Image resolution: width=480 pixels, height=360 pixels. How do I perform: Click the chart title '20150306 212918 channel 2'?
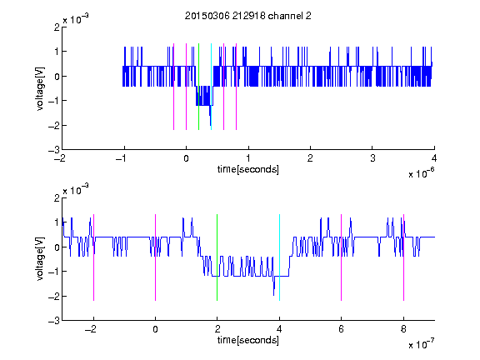tap(248, 16)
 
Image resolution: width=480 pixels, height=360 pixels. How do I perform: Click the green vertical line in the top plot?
tap(198, 87)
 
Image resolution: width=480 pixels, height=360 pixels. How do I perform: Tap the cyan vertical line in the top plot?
tap(211, 87)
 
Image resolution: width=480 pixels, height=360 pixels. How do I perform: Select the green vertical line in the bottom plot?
tap(217, 257)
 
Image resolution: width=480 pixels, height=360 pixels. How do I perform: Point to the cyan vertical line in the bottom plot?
tap(279, 257)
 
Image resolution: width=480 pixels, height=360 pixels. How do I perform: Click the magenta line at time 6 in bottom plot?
tap(342, 257)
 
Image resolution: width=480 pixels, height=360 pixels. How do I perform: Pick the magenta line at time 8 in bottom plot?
tap(404, 257)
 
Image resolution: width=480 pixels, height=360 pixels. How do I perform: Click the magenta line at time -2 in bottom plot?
tap(93, 257)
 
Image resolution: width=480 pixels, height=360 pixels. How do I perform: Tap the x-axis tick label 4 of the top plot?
tap(434, 158)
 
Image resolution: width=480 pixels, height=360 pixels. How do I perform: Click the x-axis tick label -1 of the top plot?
tap(121, 158)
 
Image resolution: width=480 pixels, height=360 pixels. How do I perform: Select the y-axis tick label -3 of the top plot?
tap(54, 150)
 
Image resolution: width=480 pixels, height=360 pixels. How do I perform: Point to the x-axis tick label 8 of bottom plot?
tap(403, 329)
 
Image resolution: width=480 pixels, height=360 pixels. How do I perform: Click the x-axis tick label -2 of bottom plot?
tap(90, 329)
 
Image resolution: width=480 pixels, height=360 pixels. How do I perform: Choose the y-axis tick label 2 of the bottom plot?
tap(57, 198)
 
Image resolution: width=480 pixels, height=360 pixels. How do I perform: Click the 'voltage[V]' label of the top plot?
tap(40, 89)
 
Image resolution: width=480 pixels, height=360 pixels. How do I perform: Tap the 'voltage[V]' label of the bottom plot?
tap(40, 259)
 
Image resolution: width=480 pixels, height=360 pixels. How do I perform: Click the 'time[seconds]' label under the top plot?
tap(248, 169)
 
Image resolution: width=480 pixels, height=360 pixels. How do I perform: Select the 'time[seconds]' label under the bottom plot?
tap(248, 340)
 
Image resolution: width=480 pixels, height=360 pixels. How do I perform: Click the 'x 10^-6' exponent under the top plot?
tap(421, 173)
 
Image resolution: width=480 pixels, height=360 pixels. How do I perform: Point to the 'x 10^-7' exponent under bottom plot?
tap(421, 344)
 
